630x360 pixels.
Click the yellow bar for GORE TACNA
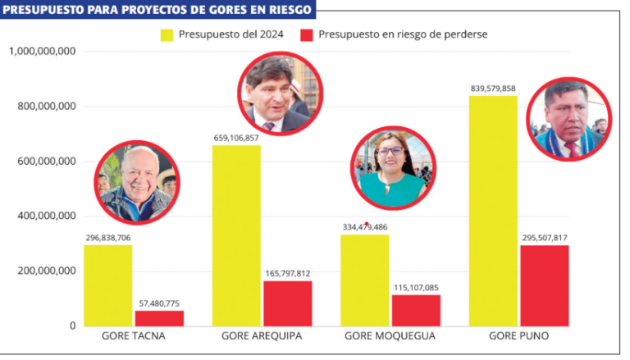pos(107,285)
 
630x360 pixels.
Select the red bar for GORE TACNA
pos(159,318)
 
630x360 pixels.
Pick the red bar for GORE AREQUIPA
pos(288,303)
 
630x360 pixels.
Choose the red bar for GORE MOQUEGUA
pos(416,310)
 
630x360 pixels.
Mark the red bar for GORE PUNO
pos(544,285)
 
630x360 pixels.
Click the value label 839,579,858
pos(493,88)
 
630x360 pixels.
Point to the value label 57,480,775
pos(159,303)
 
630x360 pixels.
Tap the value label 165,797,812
pos(288,274)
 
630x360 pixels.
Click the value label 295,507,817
pos(544,238)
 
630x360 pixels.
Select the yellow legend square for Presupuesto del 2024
pos(167,34)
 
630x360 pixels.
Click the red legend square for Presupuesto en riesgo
pos(307,34)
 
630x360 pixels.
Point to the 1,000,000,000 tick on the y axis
pos(43,51)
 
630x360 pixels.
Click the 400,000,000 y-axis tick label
pos(47,216)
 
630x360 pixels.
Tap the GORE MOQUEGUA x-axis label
pos(390,336)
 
